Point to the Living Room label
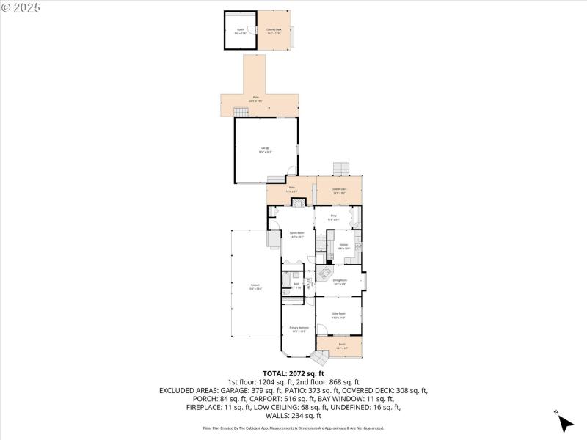click(338, 315)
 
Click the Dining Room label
click(339, 280)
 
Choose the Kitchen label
click(343, 246)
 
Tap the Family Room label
click(296, 234)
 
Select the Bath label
click(296, 285)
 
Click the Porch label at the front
click(342, 345)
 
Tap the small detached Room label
click(239, 31)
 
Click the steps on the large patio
click(241, 111)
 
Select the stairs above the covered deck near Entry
click(340, 169)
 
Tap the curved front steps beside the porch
click(320, 357)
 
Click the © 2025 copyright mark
click(21, 7)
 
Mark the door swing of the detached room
click(252, 30)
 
